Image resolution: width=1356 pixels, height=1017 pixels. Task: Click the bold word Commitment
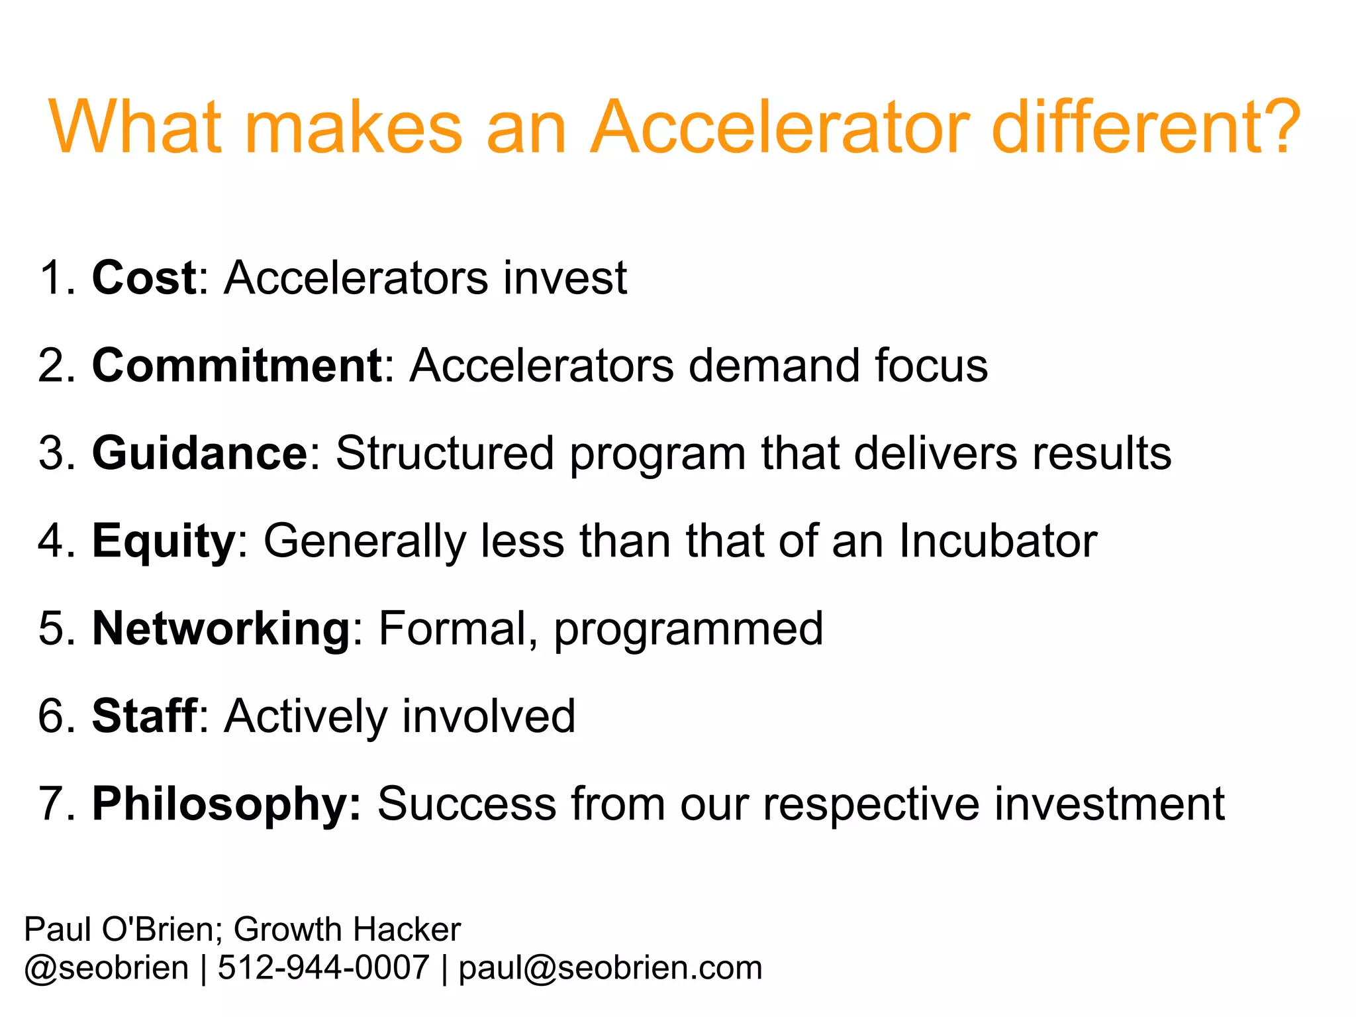tap(236, 365)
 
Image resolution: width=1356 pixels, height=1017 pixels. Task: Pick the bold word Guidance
tap(199, 453)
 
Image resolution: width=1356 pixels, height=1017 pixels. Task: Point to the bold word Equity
tap(163, 542)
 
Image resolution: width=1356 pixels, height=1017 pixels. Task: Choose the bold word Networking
tap(220, 629)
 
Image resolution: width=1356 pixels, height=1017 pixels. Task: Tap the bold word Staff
tap(144, 716)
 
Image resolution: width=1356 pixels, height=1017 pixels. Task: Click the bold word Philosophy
tap(226, 805)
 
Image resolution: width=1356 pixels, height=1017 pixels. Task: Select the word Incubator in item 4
tap(998, 541)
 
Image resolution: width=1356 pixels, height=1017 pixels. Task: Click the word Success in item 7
tap(467, 804)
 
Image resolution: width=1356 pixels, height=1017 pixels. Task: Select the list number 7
tap(52, 804)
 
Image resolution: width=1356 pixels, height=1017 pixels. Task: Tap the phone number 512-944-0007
tap(323, 967)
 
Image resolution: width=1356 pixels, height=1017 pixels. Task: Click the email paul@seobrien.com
tap(610, 968)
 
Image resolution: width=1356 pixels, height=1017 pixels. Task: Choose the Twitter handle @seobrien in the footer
tap(107, 968)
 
